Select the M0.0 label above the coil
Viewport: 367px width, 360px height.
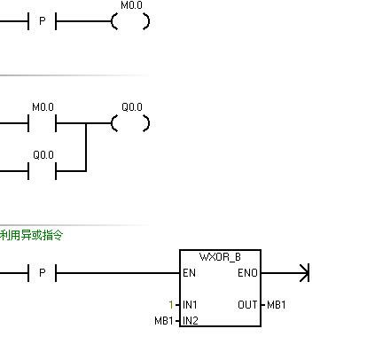pyautogui.click(x=131, y=6)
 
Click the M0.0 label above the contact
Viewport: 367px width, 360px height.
pyautogui.click(x=43, y=107)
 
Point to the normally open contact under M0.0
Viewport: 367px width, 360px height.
pyautogui.click(x=42, y=123)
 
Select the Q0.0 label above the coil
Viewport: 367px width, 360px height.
pyautogui.click(x=131, y=107)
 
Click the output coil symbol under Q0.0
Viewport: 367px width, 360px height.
pyautogui.click(x=130, y=123)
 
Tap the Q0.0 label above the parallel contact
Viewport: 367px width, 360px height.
pyautogui.click(x=43, y=154)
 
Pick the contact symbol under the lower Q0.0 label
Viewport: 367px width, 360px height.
pyautogui.click(x=42, y=170)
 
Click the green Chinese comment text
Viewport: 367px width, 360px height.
pyautogui.click(x=32, y=235)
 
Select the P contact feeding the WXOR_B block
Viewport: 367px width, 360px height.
pyautogui.click(x=42, y=273)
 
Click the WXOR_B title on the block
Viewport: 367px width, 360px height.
pyautogui.click(x=219, y=257)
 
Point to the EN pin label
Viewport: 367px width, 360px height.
pyautogui.click(x=189, y=273)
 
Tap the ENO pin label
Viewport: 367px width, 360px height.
pyautogui.click(x=248, y=273)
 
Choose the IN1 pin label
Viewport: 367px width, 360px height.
pyautogui.click(x=190, y=305)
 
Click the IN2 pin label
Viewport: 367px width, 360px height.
pyautogui.click(x=190, y=320)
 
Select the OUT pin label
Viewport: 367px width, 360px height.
pyautogui.click(x=247, y=305)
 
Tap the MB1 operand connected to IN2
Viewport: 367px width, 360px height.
pyautogui.click(x=164, y=320)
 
